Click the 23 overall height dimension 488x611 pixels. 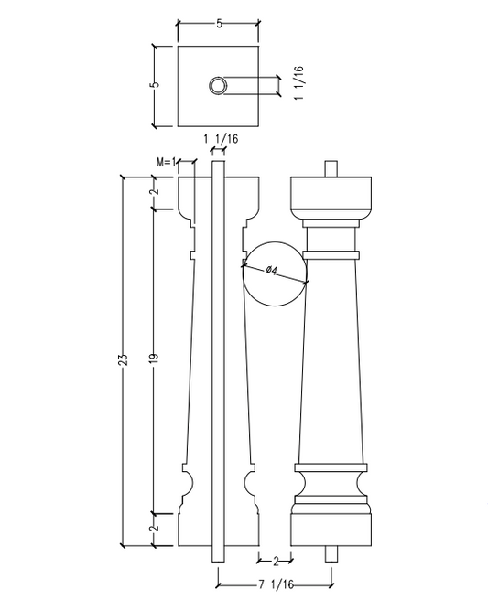[x=124, y=359]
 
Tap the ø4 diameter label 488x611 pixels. [x=272, y=270]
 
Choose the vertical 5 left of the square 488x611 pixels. [x=155, y=85]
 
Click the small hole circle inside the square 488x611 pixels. [x=218, y=86]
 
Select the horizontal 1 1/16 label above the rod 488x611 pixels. [x=220, y=138]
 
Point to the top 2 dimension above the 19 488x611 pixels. [x=155, y=191]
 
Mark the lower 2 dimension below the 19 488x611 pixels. [x=155, y=528]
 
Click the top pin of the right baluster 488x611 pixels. [x=332, y=168]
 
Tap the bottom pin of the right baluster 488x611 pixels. [x=331, y=554]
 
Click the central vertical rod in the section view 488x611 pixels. [x=219, y=366]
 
